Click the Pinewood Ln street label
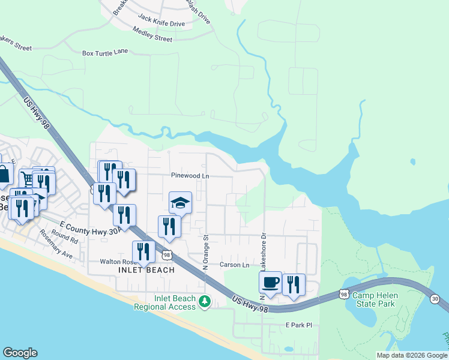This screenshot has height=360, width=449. (x=190, y=176)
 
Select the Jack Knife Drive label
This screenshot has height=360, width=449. (x=161, y=23)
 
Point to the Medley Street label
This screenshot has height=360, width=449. (x=152, y=38)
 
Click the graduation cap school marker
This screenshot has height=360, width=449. (x=180, y=203)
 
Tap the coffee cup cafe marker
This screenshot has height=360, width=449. (x=271, y=283)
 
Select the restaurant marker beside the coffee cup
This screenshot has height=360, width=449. (x=294, y=285)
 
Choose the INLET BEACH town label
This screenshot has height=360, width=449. (x=145, y=270)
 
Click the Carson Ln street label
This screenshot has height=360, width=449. (x=234, y=265)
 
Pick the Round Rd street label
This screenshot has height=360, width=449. (x=65, y=238)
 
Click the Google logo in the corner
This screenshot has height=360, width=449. (x=20, y=353)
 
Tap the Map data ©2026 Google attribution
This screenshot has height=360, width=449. (x=411, y=355)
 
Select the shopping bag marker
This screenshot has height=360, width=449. (x=4, y=174)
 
